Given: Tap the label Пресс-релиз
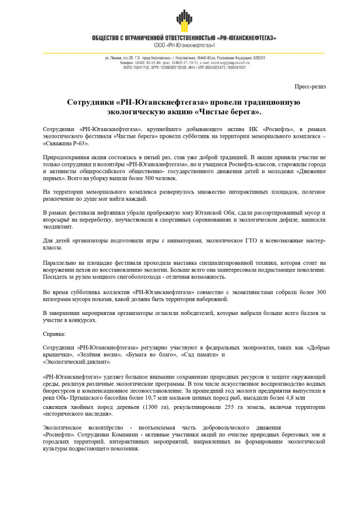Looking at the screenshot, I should pos(310,86).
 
